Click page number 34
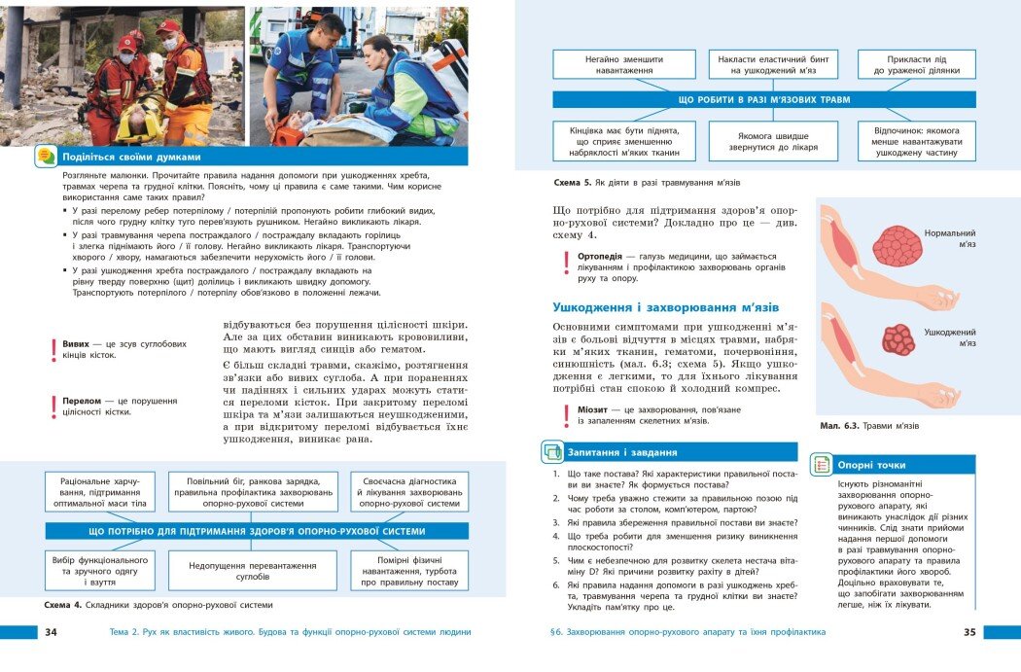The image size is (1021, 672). click(x=52, y=632)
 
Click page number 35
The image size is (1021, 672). click(x=968, y=632)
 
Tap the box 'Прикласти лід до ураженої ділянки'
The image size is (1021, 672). click(x=916, y=64)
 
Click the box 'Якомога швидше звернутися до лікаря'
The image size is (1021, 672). click(x=773, y=141)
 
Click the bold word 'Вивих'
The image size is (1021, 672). click(x=76, y=344)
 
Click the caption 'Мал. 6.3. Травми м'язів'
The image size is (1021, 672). click(x=868, y=426)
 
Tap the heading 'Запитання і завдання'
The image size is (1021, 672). click(x=623, y=452)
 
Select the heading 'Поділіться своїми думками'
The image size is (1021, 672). click(x=131, y=156)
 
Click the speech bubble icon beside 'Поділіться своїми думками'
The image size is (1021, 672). click(x=46, y=156)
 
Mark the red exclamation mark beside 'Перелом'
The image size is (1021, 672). click(x=54, y=407)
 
